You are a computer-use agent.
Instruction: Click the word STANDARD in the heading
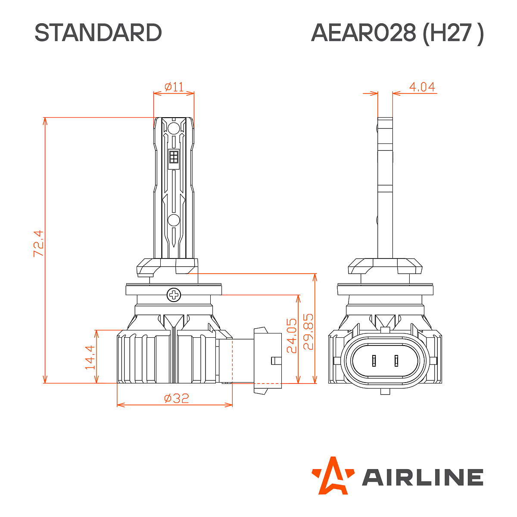tap(98, 33)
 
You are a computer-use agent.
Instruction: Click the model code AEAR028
tap(364, 33)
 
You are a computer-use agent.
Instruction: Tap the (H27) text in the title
tap(453, 33)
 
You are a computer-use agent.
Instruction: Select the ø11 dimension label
tap(174, 87)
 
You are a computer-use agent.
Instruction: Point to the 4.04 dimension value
tap(422, 87)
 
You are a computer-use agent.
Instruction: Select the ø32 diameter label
tap(177, 398)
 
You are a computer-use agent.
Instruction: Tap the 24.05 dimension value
tap(292, 336)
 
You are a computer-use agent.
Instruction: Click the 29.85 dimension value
tap(308, 331)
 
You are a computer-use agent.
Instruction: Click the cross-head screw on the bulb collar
tap(174, 295)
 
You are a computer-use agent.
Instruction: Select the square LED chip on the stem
tap(174, 157)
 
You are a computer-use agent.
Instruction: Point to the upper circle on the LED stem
tap(174, 128)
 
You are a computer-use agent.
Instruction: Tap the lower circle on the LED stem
tap(174, 220)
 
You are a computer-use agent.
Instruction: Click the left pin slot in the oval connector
tap(374, 360)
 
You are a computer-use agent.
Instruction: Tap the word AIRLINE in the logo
tap(422, 477)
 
